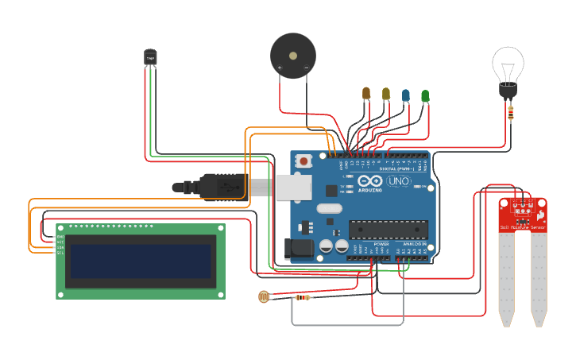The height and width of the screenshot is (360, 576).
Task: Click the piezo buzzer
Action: [292, 55]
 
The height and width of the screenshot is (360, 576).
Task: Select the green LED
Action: [425, 96]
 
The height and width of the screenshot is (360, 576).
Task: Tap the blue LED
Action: [406, 95]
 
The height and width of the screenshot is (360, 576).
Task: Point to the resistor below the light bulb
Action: [510, 113]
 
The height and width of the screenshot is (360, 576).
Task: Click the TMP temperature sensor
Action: [150, 57]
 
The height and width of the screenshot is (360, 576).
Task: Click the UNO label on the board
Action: [397, 182]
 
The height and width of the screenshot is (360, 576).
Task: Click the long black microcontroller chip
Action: [389, 229]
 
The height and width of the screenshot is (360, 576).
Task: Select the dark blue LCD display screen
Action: [140, 261]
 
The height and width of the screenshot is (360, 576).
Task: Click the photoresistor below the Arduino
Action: [264, 297]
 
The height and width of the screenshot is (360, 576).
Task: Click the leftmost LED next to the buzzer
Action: [366, 94]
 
